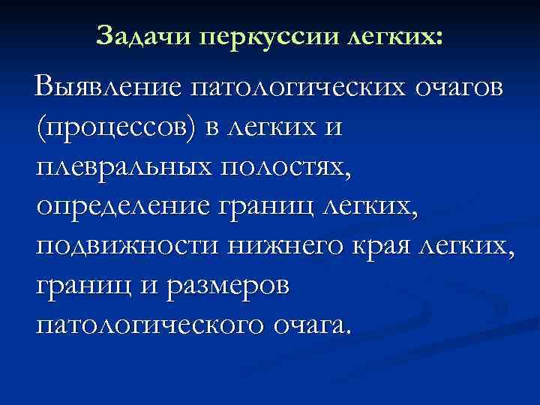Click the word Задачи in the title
click(142, 34)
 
